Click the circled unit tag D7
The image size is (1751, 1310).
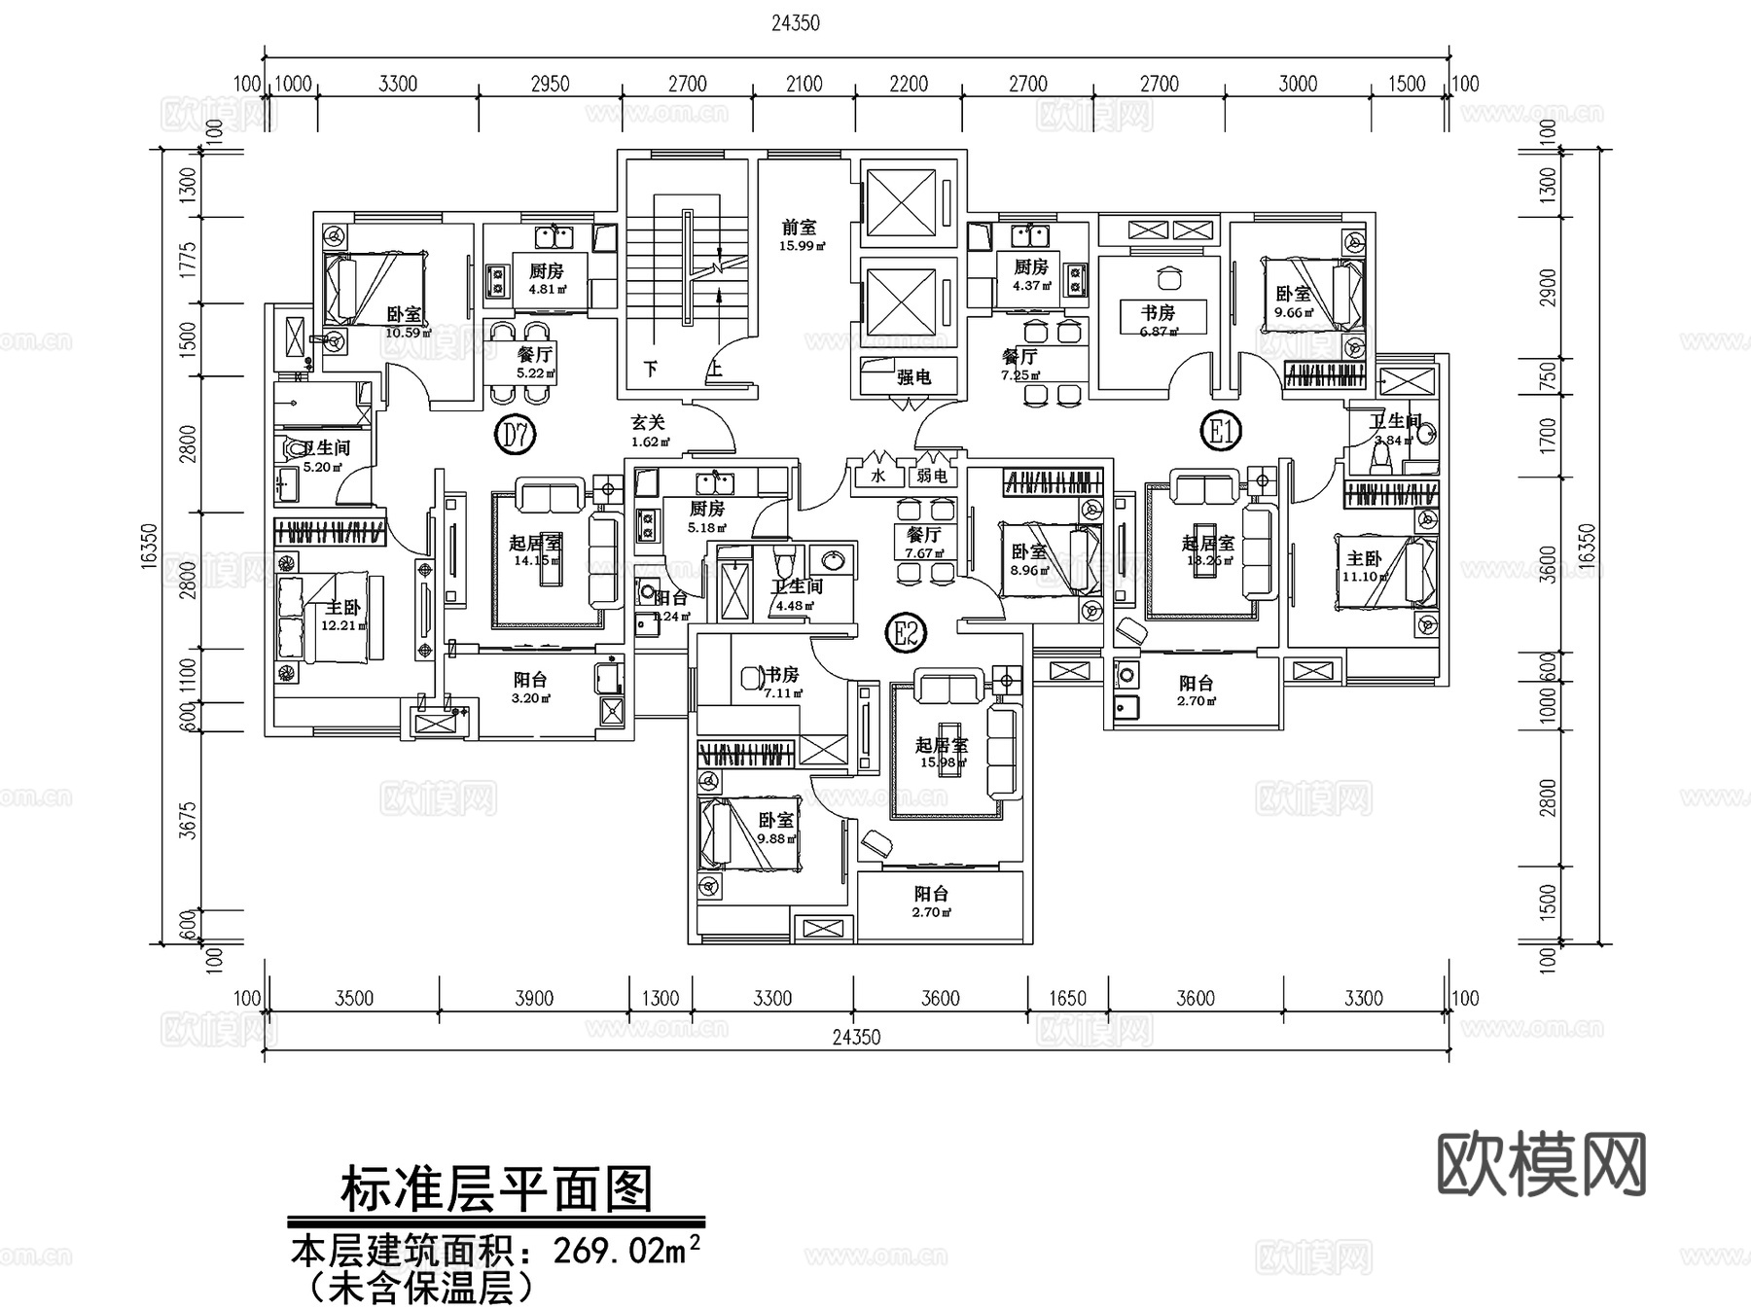click(x=517, y=434)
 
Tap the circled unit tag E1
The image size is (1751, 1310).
click(x=1221, y=430)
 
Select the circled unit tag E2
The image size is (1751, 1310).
click(x=906, y=634)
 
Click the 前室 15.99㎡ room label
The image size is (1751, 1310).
click(x=800, y=234)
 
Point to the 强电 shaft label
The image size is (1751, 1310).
click(x=912, y=377)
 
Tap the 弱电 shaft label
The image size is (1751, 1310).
click(x=931, y=476)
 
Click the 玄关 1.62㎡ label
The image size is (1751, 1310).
click(x=649, y=430)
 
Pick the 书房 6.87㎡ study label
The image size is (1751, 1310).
click(x=1158, y=320)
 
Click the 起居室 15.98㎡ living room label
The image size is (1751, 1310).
click(x=942, y=752)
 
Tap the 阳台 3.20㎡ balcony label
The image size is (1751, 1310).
click(x=530, y=688)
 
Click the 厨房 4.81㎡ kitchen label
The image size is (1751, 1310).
click(x=546, y=278)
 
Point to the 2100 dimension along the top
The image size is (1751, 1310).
click(x=804, y=85)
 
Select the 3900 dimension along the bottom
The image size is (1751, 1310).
click(x=534, y=999)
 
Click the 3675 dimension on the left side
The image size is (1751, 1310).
click(x=189, y=819)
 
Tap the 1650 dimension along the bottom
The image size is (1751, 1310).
click(x=1068, y=999)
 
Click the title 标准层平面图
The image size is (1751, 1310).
click(x=496, y=1188)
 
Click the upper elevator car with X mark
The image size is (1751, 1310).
click(x=900, y=203)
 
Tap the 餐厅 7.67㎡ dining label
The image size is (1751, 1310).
click(x=923, y=542)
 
